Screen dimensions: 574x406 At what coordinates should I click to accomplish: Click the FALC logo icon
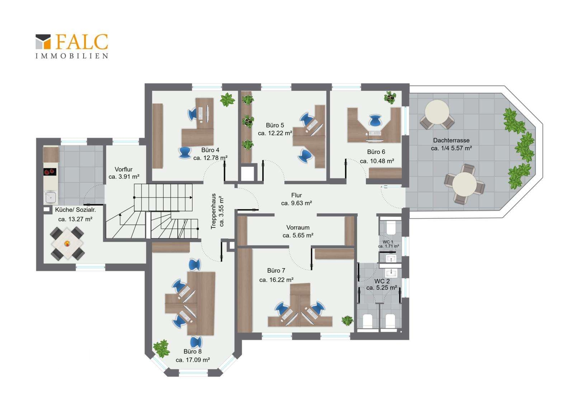(43, 42)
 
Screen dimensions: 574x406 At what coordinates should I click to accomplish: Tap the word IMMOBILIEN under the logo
(72, 56)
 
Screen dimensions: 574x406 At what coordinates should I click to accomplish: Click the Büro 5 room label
(275, 125)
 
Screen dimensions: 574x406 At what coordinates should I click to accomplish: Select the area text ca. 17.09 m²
(193, 360)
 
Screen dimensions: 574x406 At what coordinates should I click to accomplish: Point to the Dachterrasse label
(451, 140)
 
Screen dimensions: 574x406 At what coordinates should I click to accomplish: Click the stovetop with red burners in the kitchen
(50, 172)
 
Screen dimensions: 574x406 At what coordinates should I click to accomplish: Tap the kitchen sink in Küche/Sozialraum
(51, 198)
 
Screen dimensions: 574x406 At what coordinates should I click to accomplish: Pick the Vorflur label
(123, 169)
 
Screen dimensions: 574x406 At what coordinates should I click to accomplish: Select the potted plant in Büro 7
(348, 320)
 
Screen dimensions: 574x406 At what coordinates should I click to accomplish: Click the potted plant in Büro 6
(390, 97)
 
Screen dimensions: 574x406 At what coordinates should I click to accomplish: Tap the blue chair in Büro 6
(375, 120)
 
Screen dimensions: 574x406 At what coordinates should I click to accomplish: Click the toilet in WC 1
(391, 228)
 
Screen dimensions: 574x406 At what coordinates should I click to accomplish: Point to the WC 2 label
(382, 281)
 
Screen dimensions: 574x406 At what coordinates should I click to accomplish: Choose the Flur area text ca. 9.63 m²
(296, 203)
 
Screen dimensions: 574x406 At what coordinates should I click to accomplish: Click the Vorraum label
(298, 228)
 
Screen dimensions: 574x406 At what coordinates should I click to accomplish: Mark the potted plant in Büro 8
(161, 348)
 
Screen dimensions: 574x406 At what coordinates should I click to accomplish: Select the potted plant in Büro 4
(227, 99)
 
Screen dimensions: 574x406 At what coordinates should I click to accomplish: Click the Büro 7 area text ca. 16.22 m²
(276, 280)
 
